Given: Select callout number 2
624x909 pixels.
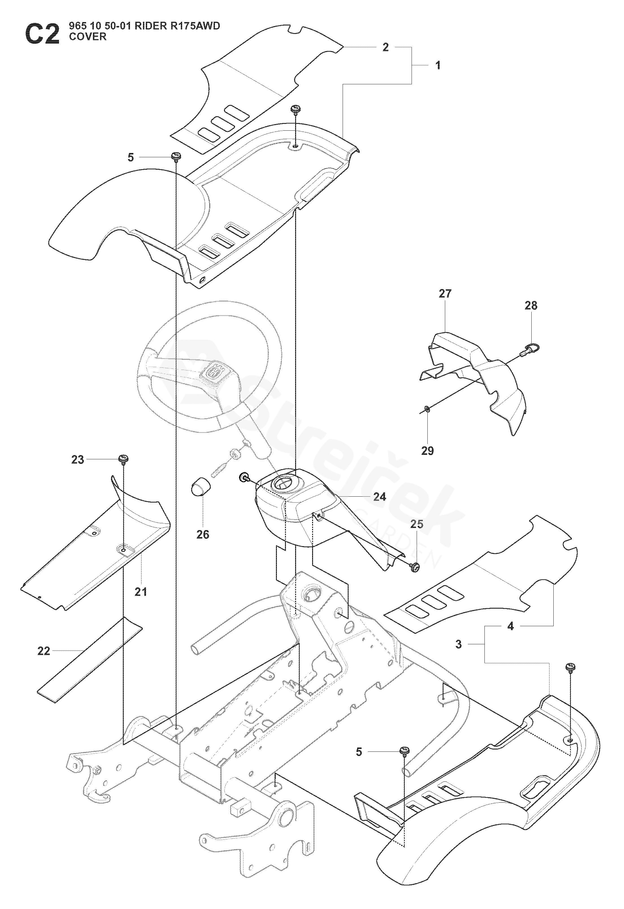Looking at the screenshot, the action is coord(386,47).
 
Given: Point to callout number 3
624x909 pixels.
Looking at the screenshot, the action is coord(459,644).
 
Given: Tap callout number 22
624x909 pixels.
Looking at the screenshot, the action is coord(44,651).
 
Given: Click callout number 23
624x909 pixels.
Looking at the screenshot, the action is coord(77,460).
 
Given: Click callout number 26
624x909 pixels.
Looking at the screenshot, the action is coord(203,534).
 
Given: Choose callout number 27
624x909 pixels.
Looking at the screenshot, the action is coord(445,294).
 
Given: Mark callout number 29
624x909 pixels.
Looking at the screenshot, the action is coord(427,451).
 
